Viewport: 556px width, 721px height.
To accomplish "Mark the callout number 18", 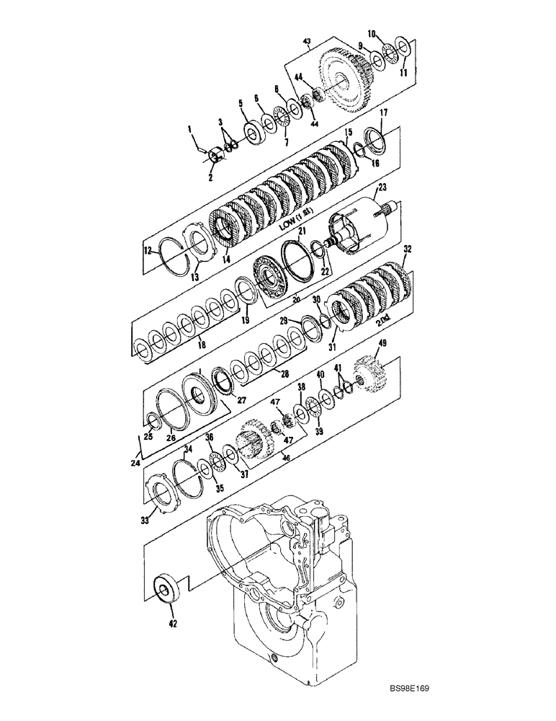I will coord(201,345).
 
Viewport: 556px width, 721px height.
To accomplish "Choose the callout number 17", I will coord(384,112).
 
